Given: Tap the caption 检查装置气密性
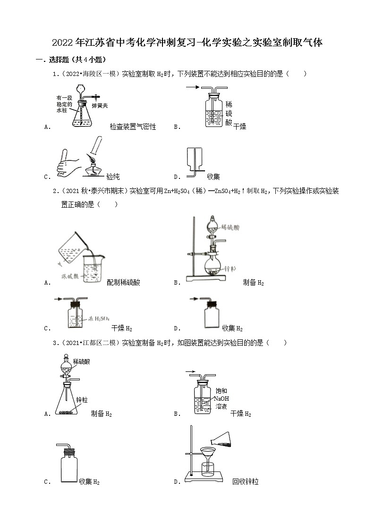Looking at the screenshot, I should pos(133,126).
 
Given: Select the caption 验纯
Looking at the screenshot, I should pos(113,177).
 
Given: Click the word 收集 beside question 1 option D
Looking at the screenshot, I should pos(213,177).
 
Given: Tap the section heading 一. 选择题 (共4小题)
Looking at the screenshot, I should pos(71,59).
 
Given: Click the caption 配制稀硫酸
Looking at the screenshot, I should pos(123,282).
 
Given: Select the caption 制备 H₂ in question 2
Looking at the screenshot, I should pos(253,282).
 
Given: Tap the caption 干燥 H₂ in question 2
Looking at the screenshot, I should pos(121,328).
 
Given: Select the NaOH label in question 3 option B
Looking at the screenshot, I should pos(222,398).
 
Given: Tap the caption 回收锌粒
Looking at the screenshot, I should pos(245,482).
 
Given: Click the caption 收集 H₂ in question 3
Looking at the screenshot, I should pos(89,482).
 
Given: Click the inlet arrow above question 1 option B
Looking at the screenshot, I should pos(192,87).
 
